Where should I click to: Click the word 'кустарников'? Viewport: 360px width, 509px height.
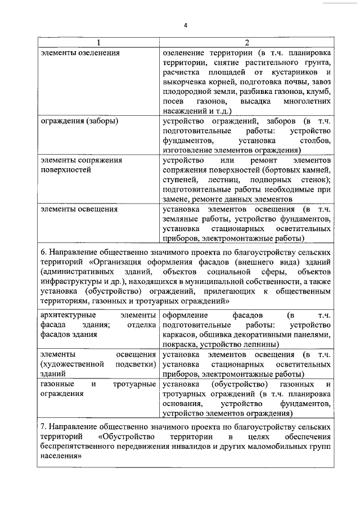292,73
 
